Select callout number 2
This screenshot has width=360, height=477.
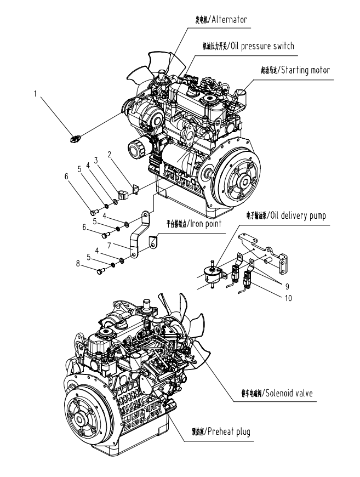point(110,155)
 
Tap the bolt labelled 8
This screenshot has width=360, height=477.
point(99,270)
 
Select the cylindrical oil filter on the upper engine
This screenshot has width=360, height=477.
point(137,147)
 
